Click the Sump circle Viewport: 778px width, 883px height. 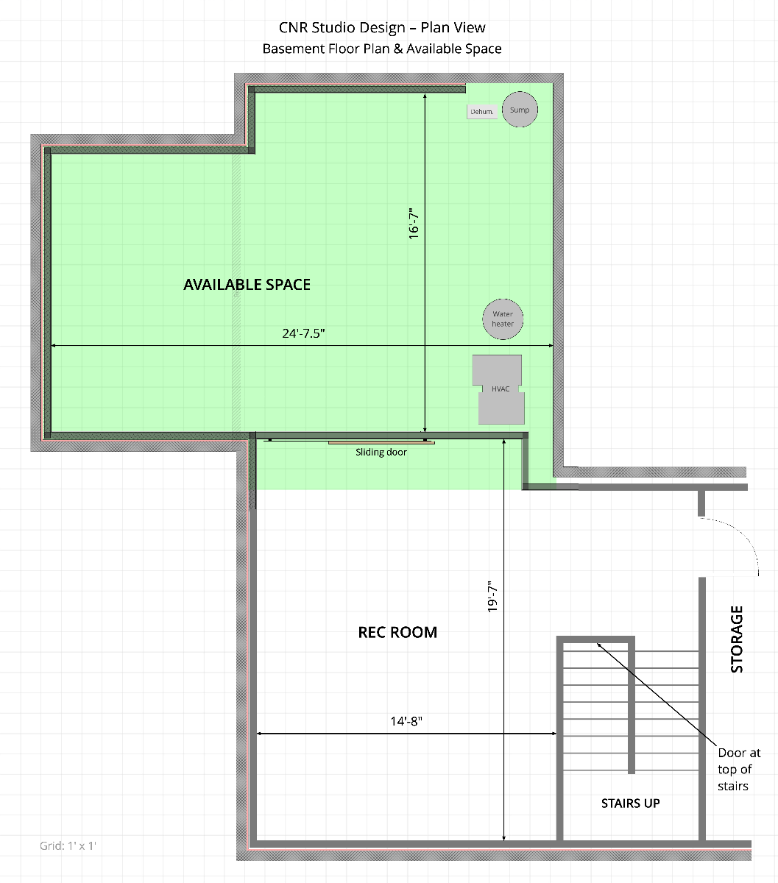point(520,110)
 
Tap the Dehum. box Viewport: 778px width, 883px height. point(482,112)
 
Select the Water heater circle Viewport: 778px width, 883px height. point(503,319)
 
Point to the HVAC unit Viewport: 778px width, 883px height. point(498,389)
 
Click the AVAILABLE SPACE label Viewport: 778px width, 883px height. point(247,285)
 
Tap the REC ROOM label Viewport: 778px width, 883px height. point(397,632)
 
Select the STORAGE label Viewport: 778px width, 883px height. point(737,639)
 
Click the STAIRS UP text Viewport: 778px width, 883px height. point(631,803)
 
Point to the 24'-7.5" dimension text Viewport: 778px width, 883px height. point(303,333)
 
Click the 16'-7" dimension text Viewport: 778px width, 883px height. point(414,224)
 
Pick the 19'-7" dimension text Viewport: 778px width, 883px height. point(492,597)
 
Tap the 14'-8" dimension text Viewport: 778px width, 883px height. point(406,721)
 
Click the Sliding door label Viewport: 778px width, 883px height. point(381,453)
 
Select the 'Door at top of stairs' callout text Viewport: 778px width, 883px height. point(739,769)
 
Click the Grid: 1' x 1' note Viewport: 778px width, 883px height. point(68,846)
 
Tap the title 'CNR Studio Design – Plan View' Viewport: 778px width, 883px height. point(382,27)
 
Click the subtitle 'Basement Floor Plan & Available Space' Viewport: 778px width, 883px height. point(382,49)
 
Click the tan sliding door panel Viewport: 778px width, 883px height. point(381,443)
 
